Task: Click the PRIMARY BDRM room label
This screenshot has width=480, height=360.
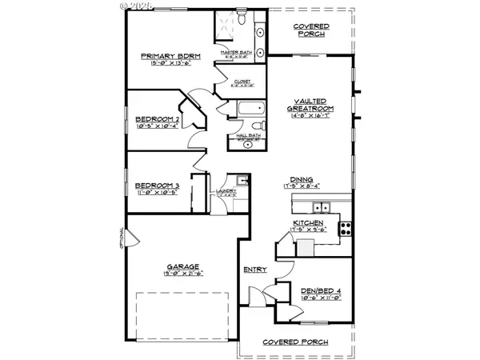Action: (170, 56)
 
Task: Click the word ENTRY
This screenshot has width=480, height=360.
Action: (254, 270)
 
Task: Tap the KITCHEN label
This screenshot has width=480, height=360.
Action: (307, 221)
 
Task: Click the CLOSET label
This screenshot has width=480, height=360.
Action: (242, 82)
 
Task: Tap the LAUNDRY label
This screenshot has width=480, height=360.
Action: (225, 190)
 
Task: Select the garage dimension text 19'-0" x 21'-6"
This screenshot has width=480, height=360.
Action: (183, 274)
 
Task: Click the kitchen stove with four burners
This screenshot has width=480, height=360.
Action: (346, 226)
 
